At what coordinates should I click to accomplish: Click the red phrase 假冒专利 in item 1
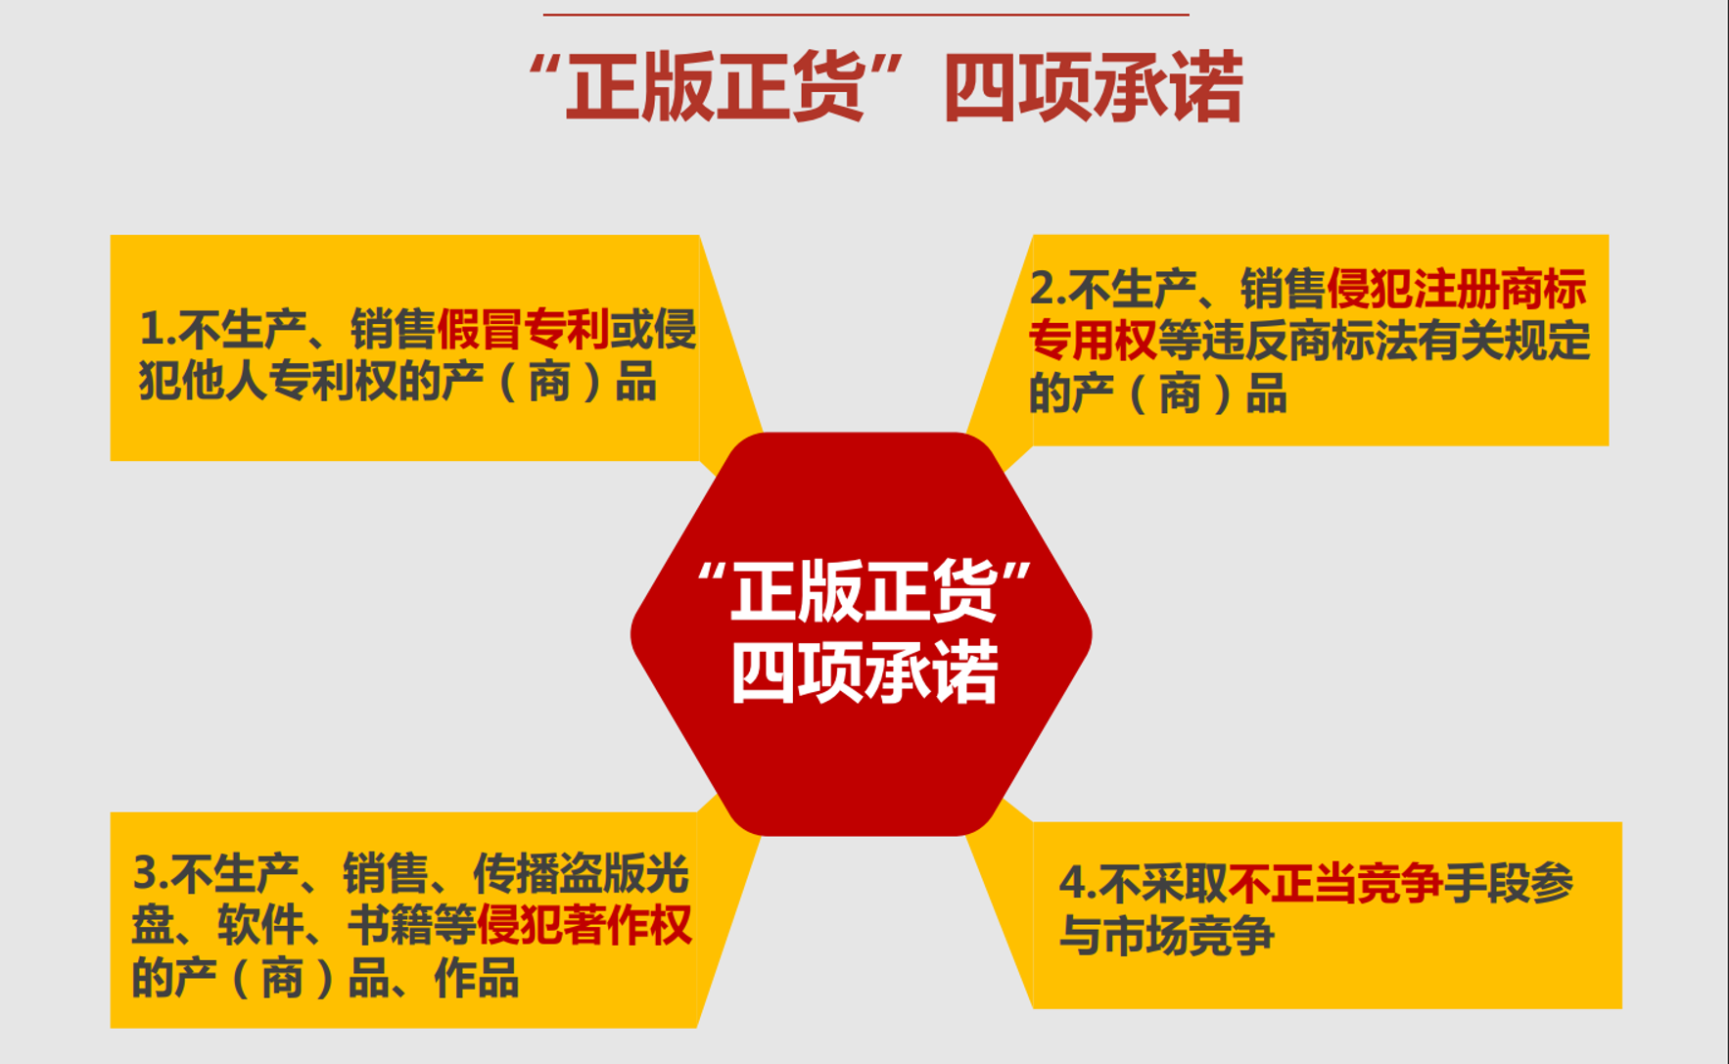click(x=523, y=329)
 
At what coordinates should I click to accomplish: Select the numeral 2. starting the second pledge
click(x=1049, y=289)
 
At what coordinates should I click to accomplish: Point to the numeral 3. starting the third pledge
click(x=152, y=873)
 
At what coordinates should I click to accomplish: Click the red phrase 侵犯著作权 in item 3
click(x=584, y=925)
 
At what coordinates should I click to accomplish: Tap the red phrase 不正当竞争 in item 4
click(x=1335, y=883)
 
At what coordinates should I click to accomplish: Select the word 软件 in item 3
click(x=260, y=925)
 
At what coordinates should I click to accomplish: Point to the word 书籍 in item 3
click(x=391, y=925)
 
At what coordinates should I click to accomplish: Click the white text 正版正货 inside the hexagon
click(x=864, y=591)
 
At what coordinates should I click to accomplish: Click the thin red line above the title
click(x=866, y=15)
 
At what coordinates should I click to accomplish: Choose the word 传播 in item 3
click(x=516, y=873)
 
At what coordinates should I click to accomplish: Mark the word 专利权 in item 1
click(x=333, y=381)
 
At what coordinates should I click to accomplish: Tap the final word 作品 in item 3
click(x=476, y=977)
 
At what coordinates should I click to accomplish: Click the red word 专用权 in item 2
click(x=1093, y=341)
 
